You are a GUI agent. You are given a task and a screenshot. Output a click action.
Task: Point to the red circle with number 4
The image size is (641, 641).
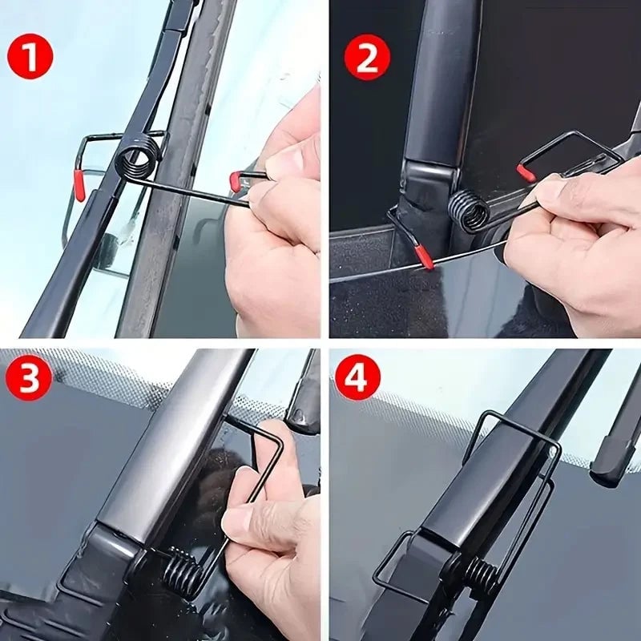pos(357,377)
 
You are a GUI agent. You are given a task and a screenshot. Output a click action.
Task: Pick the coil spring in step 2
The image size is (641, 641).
pos(470,211)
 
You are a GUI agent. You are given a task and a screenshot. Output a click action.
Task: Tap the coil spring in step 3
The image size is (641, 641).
pos(182,571)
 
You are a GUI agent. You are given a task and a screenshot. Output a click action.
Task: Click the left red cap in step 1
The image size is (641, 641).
pos(80,185)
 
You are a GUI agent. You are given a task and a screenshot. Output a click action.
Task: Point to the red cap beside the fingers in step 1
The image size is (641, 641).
pos(235,181)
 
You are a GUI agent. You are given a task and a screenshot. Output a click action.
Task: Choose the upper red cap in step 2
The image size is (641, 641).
pos(526,173)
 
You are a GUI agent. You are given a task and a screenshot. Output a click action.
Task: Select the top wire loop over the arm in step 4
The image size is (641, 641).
pos(513,429)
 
